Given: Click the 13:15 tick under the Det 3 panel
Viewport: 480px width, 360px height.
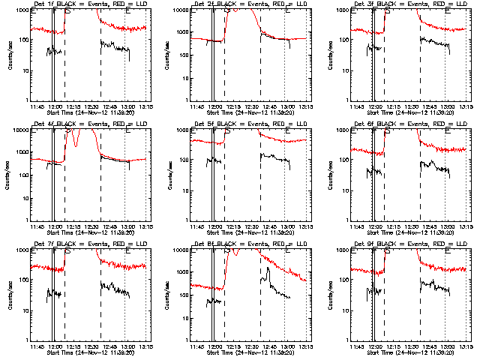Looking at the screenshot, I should tap(466, 106).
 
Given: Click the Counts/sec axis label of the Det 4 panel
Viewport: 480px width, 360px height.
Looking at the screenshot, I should tap(9, 174).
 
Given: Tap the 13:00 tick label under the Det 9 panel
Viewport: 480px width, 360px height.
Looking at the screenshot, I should tap(449, 346).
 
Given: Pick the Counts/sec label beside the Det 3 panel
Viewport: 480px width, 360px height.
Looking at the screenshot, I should tap(330, 54).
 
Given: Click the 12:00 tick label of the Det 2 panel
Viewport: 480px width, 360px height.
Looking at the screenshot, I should tap(216, 106).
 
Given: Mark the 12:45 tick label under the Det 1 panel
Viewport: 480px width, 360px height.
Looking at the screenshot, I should tap(109, 106).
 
